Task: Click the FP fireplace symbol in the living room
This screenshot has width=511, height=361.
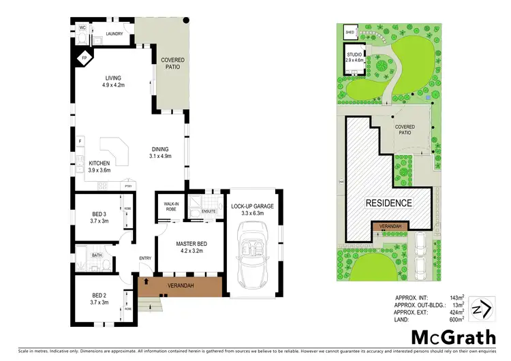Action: pos(84,59)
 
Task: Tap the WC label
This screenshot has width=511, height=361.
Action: pos(81,28)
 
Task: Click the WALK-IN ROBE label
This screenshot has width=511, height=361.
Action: pos(170,206)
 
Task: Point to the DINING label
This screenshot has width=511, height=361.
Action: pos(160,150)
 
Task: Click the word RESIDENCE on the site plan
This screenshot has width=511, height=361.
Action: pos(389,203)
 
